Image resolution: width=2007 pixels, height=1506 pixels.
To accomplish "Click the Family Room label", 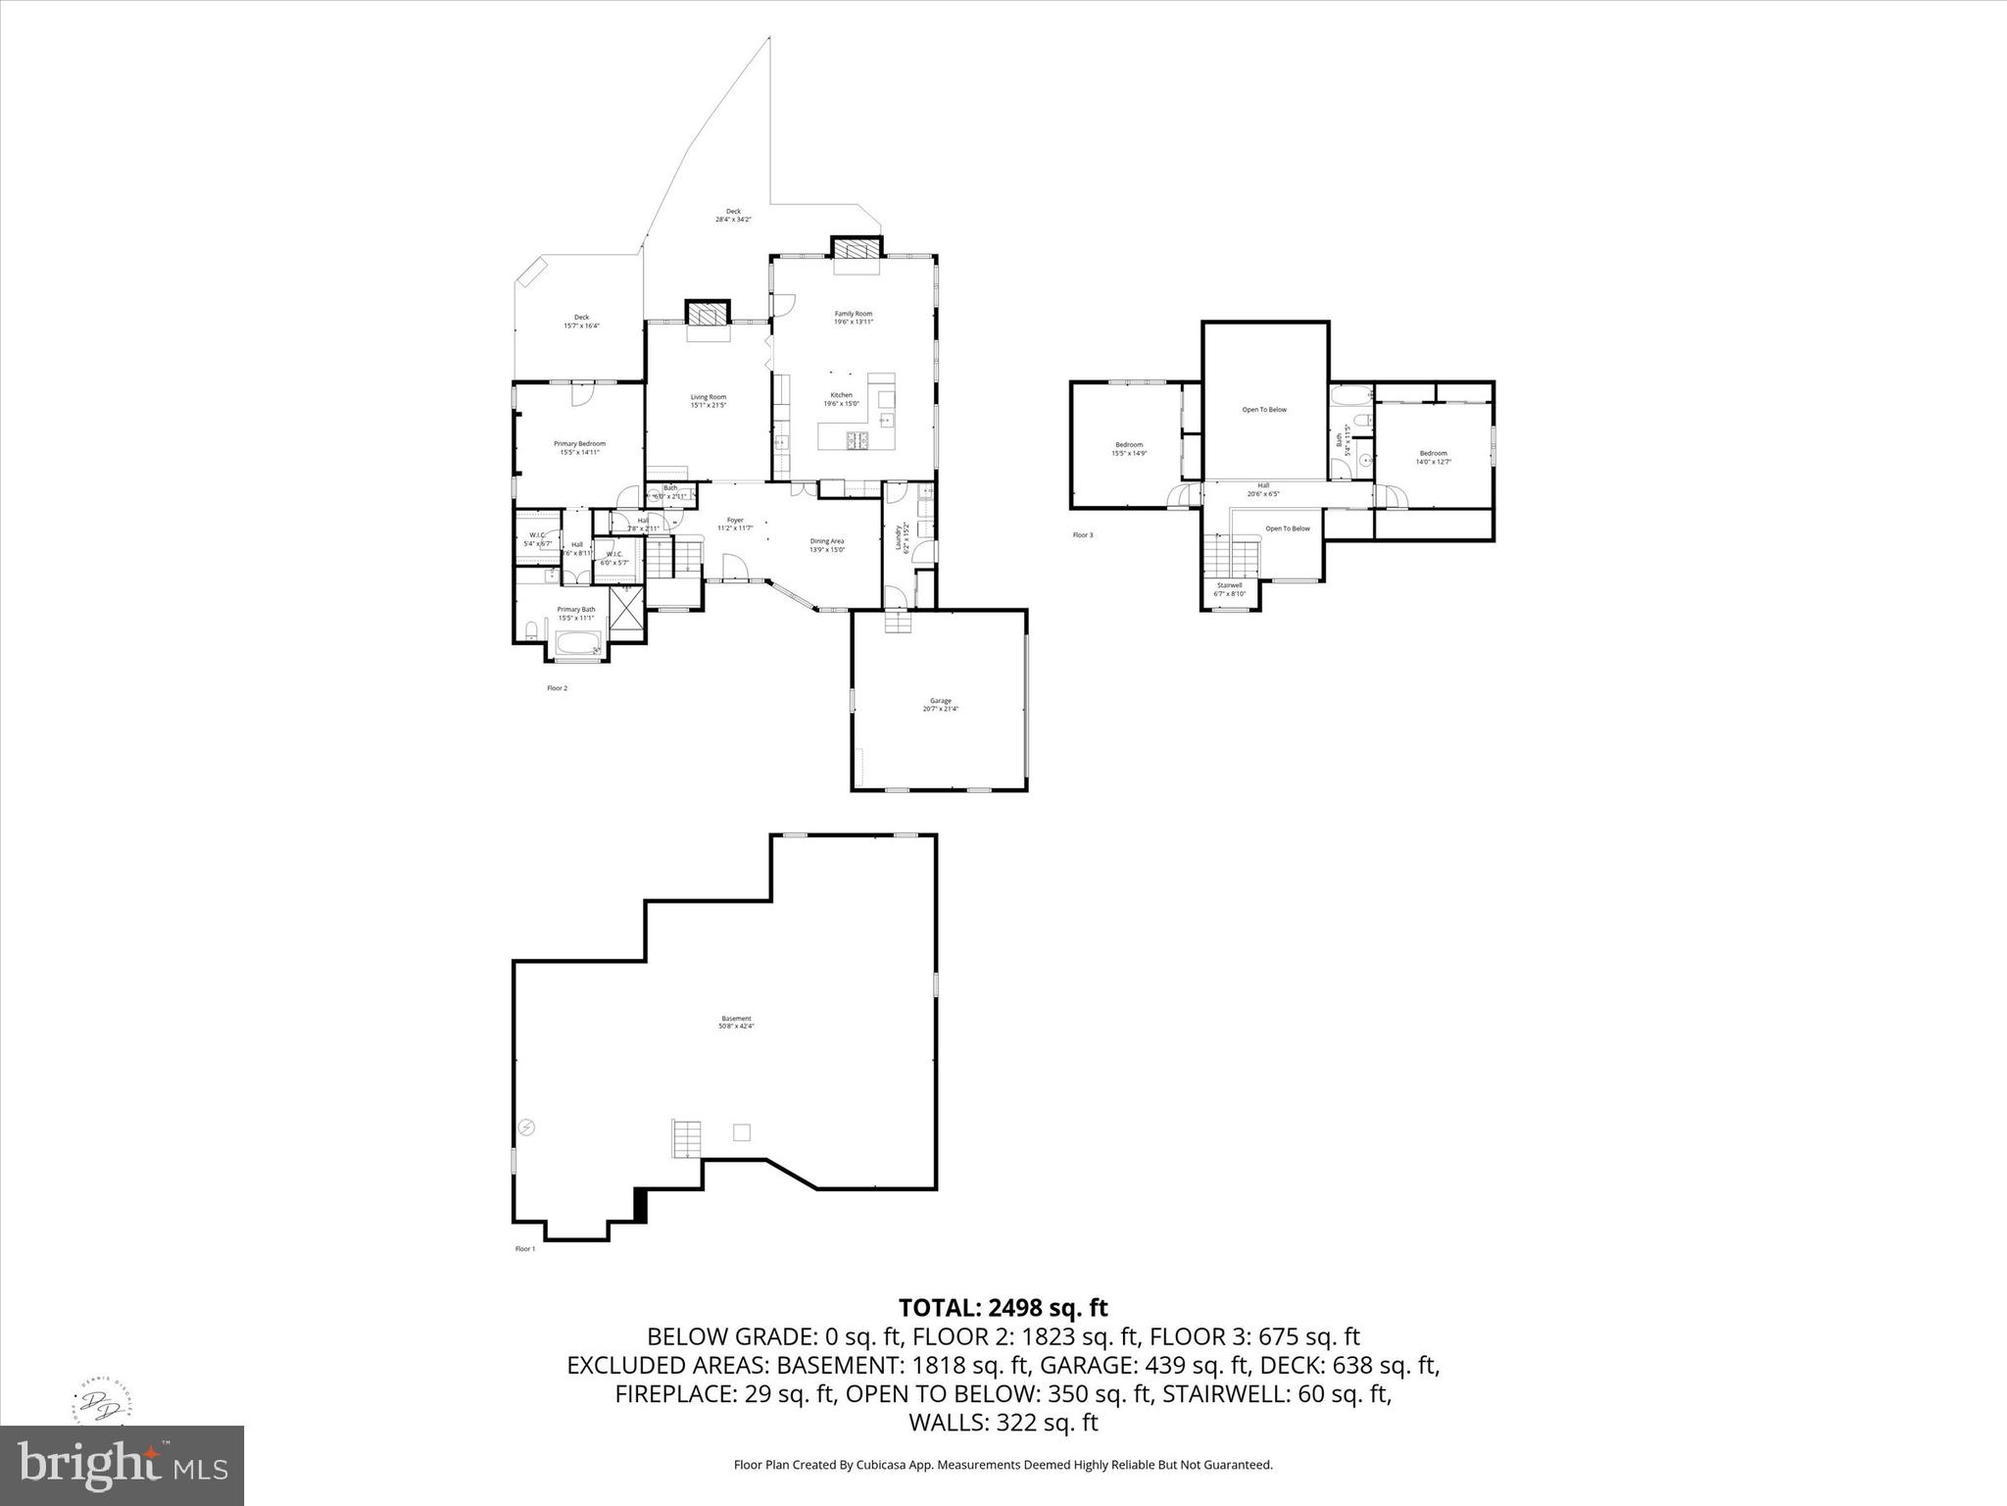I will coord(853,314).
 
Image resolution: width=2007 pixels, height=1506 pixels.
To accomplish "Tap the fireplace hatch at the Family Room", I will coord(857,247).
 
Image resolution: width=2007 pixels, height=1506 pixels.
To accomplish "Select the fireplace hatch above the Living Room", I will coord(708,314).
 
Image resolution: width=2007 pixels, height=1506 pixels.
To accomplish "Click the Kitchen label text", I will coord(841,395).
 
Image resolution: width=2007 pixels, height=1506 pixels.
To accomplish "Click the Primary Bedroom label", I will coord(579,444).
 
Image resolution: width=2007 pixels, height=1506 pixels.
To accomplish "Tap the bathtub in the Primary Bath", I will coord(578,644).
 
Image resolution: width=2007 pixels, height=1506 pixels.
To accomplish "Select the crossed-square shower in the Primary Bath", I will coord(625,611).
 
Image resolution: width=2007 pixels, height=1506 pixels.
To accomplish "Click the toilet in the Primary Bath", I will coord(530,629).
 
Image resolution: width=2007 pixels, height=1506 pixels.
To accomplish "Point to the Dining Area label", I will coord(826,541).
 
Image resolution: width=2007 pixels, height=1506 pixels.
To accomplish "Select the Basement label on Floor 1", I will coord(736,1019).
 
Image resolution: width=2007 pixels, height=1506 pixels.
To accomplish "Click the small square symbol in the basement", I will coord(742,1132).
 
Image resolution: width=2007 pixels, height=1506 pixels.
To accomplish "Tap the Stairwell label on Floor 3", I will coord(1229,585).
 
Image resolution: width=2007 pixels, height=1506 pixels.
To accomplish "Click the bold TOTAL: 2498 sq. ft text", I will coord(1003,1308).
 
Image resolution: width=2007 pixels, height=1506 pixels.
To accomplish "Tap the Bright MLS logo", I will coord(122,1465).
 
